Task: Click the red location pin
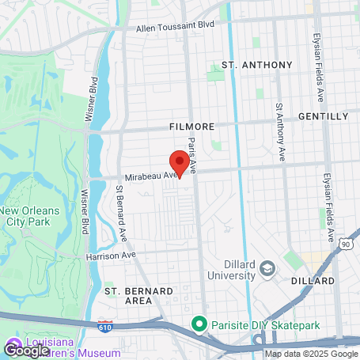(x=180, y=162)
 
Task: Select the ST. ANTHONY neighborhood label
(x=256, y=65)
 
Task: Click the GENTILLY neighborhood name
(x=323, y=116)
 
